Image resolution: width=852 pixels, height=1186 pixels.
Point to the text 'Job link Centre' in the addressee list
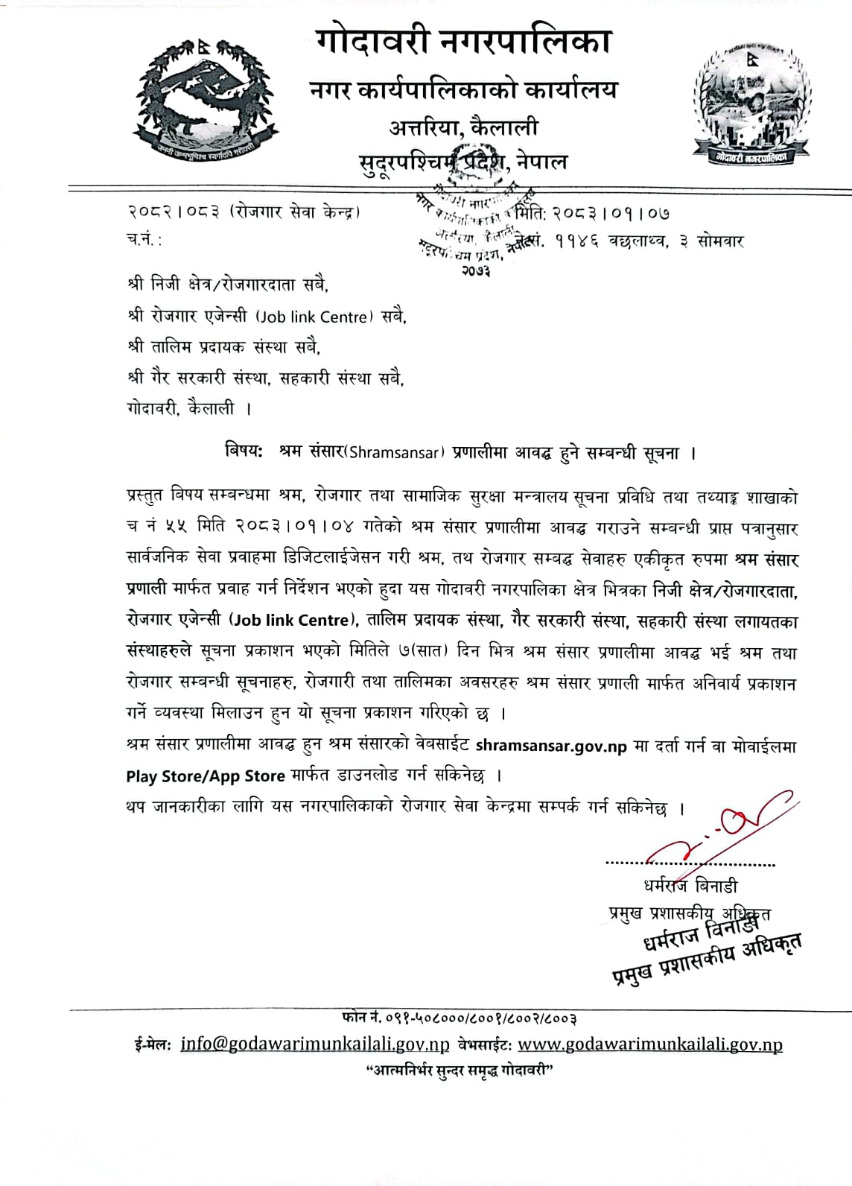pyautogui.click(x=313, y=317)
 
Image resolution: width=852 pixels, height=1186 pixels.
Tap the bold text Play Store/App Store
pyautogui.click(x=206, y=776)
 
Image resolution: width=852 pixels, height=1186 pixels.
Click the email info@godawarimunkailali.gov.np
pyautogui.click(x=315, y=1044)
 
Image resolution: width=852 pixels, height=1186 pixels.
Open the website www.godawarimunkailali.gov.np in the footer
pyautogui.click(x=649, y=1044)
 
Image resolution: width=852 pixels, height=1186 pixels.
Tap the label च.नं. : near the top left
pyautogui.click(x=143, y=241)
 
